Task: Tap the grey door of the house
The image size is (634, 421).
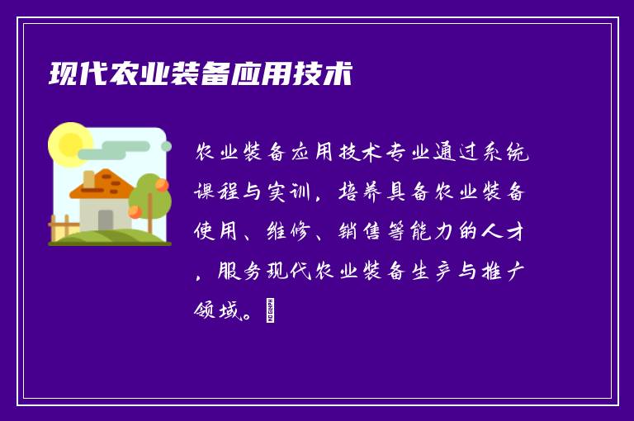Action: [106, 220]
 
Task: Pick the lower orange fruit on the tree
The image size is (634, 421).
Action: [135, 211]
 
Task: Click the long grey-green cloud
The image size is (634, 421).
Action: [124, 150]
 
